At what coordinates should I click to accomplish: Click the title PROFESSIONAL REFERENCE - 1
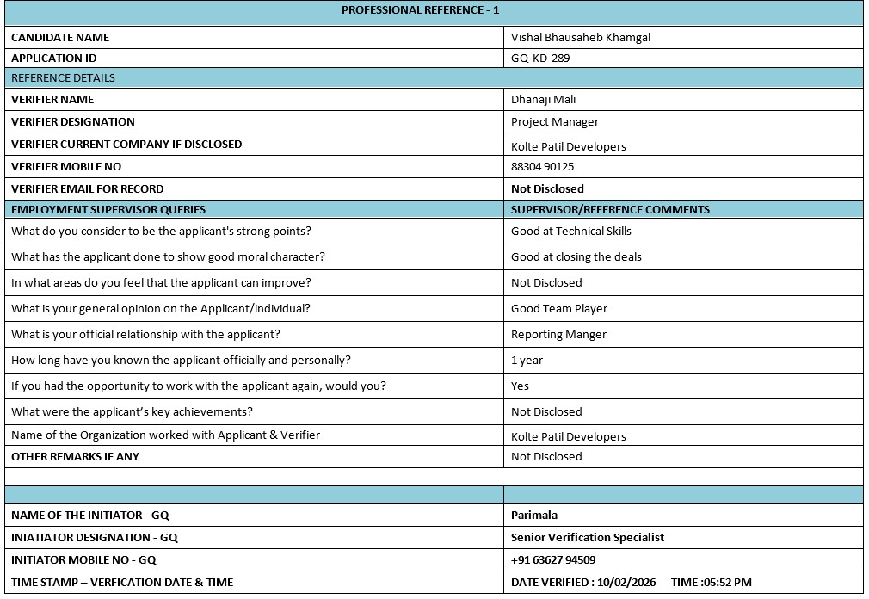[x=420, y=10]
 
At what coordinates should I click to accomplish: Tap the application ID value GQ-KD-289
[x=540, y=59]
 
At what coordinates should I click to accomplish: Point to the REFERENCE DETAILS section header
[x=63, y=77]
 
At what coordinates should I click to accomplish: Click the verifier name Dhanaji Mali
[x=543, y=99]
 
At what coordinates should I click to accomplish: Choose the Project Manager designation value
[x=554, y=121]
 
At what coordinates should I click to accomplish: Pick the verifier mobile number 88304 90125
[x=542, y=166]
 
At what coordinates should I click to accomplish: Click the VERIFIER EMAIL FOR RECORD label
[x=87, y=188]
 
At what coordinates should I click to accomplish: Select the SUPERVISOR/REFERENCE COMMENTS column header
[x=610, y=209]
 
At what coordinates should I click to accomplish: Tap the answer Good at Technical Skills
[x=570, y=231]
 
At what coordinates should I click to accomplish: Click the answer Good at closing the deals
[x=576, y=256]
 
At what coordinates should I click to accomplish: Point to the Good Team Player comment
[x=558, y=308]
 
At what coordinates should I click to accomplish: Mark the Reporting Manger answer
[x=558, y=334]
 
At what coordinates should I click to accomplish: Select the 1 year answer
[x=527, y=360]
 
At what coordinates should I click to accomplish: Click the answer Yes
[x=520, y=386]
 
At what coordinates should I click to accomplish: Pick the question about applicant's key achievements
[x=132, y=411]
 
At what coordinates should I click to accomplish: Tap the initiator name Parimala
[x=533, y=515]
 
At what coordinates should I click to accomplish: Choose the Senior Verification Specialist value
[x=587, y=537]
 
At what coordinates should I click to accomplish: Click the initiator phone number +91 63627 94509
[x=552, y=559]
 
